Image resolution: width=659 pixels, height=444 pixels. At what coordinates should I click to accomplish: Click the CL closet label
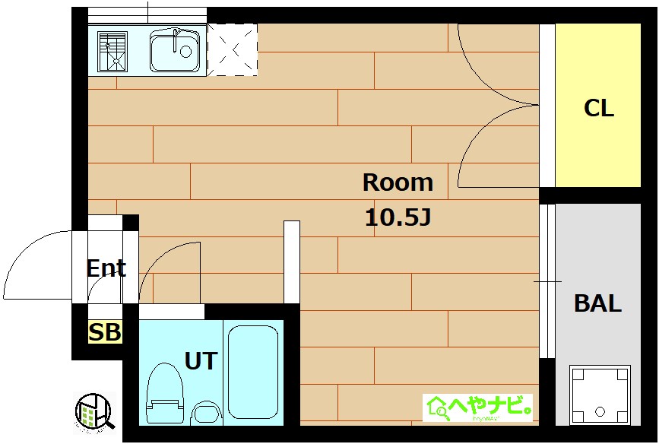pyautogui.click(x=598, y=108)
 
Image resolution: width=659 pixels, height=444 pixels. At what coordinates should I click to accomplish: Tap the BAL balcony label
pyautogui.click(x=597, y=304)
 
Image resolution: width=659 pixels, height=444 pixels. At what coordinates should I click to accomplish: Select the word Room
pyautogui.click(x=398, y=182)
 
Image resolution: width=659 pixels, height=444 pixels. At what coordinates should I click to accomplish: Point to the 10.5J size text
pyautogui.click(x=398, y=218)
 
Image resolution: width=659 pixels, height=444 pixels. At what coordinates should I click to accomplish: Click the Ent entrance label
pyautogui.click(x=106, y=268)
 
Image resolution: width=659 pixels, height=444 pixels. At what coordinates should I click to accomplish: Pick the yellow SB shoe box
pyautogui.click(x=105, y=332)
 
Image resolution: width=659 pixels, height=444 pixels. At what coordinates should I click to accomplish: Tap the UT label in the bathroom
pyautogui.click(x=201, y=360)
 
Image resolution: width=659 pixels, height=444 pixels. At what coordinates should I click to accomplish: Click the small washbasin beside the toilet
pyautogui.click(x=204, y=414)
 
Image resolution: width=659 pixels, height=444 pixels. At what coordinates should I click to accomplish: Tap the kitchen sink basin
pyautogui.click(x=176, y=51)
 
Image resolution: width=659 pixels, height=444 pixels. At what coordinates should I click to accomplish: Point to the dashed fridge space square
pyautogui.click(x=233, y=50)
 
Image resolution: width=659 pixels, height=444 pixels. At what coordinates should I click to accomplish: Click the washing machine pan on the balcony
pyautogui.click(x=600, y=395)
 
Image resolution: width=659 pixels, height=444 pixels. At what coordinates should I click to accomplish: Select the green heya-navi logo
pyautogui.click(x=477, y=408)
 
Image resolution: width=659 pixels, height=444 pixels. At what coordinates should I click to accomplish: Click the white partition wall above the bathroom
pyautogui.click(x=292, y=262)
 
